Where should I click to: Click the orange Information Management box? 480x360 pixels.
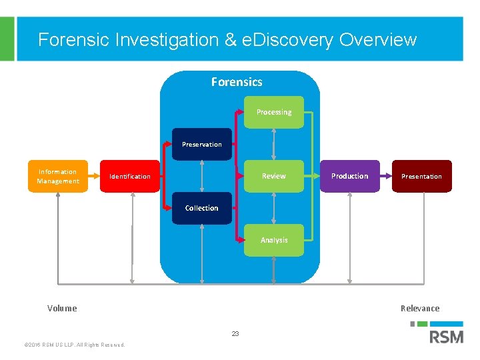pyautogui.click(x=57, y=176)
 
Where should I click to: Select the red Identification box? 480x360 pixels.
pyautogui.click(x=130, y=176)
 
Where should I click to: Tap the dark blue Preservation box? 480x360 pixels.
pyautogui.click(x=202, y=144)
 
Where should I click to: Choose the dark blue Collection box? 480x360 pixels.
pyautogui.click(x=202, y=208)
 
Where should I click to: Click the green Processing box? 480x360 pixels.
pyautogui.click(x=274, y=112)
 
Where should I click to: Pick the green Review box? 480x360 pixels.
pyautogui.click(x=274, y=176)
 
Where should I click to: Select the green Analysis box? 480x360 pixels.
pyautogui.click(x=274, y=240)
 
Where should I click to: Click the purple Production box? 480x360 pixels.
pyautogui.click(x=349, y=176)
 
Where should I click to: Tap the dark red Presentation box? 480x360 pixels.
pyautogui.click(x=421, y=176)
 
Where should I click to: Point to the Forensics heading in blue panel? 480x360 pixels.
pyautogui.click(x=237, y=82)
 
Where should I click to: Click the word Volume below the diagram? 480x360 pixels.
pyautogui.click(x=62, y=308)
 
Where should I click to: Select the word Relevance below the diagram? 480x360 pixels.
pyautogui.click(x=420, y=308)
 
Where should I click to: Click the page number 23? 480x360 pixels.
pyautogui.click(x=235, y=333)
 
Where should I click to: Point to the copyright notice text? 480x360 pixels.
pyautogui.click(x=74, y=345)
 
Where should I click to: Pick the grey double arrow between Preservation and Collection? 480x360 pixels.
pyautogui.click(x=202, y=176)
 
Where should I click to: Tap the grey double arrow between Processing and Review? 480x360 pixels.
pyautogui.click(x=274, y=144)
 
